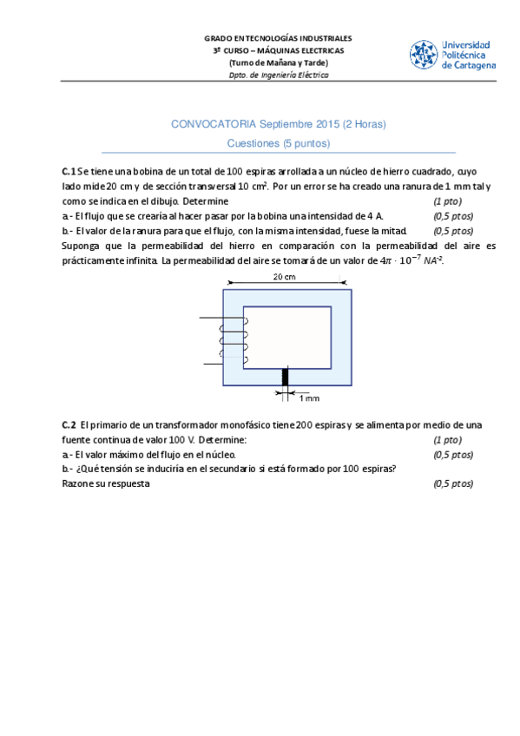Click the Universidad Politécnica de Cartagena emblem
tap(424, 55)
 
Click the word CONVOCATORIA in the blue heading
tap(214, 124)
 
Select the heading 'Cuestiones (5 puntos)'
tap(279, 143)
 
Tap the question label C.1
tap(69, 172)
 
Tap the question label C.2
tap(69, 425)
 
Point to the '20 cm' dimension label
tap(285, 277)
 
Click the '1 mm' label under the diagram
tap(309, 398)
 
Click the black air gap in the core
tap(285, 377)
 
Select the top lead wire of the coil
tap(222, 319)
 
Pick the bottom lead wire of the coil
tap(213, 364)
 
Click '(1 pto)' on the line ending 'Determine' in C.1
tap(447, 201)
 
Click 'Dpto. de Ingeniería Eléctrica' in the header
tap(279, 76)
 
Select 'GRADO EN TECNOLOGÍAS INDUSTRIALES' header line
tap(278, 38)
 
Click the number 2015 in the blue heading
tap(327, 124)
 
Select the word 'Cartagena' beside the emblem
tap(475, 66)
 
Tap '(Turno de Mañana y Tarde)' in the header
tap(279, 62)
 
